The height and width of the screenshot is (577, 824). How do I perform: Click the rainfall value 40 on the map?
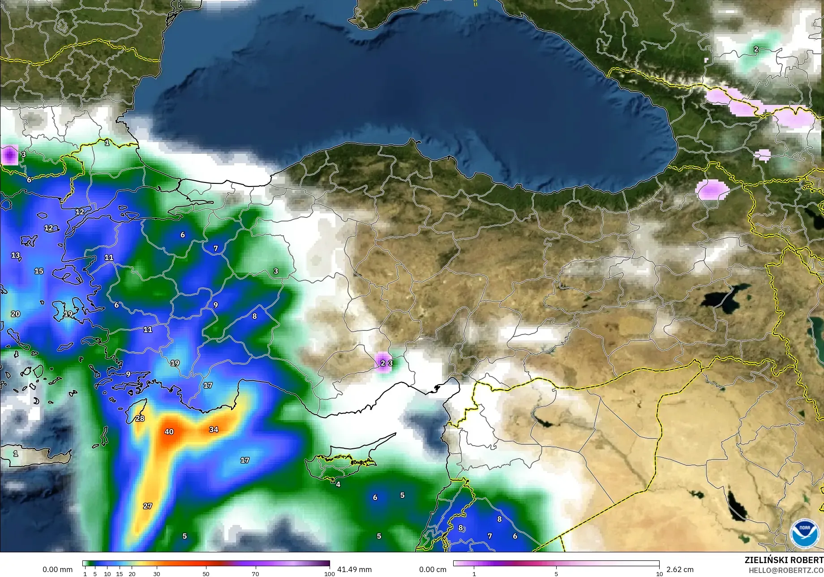tap(169, 432)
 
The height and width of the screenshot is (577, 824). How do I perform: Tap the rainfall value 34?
tap(214, 429)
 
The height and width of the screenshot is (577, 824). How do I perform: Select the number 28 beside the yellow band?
tap(140, 418)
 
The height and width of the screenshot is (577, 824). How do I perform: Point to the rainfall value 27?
tap(147, 506)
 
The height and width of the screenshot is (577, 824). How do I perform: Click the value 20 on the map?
tap(15, 314)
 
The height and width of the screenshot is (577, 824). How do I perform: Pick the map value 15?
tap(39, 271)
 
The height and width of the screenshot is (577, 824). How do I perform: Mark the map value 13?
tap(16, 255)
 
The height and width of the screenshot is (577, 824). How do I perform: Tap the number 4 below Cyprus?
tap(338, 484)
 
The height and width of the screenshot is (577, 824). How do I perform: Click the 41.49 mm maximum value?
tap(354, 569)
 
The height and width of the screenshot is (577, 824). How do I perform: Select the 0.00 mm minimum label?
tap(57, 569)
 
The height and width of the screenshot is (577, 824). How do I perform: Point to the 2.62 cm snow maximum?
tap(680, 569)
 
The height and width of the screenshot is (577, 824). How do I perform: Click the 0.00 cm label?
tap(433, 569)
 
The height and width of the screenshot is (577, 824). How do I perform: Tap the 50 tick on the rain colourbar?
tap(206, 573)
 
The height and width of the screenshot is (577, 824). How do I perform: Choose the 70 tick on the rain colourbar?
tap(255, 573)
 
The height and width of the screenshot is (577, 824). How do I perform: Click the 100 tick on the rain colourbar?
tap(329, 573)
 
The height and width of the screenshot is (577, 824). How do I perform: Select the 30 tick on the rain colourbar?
tap(156, 573)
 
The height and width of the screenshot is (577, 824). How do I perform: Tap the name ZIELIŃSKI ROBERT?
tap(784, 560)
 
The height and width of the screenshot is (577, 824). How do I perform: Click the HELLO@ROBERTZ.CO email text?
tap(786, 570)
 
